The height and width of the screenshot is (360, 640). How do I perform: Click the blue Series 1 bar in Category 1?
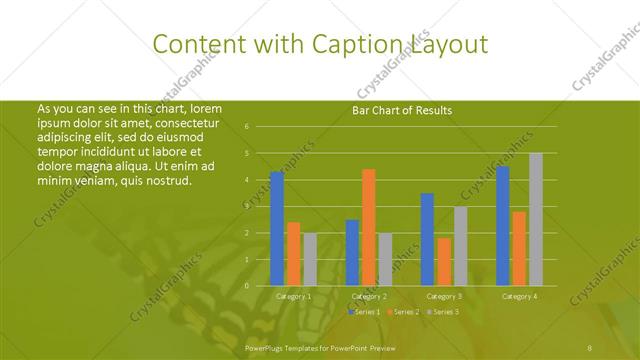click(277, 229)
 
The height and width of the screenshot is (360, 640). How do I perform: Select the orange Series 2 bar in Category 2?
click(368, 227)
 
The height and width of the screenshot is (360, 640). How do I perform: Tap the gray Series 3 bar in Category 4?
click(536, 219)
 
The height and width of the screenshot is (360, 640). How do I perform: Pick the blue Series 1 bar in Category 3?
click(427, 239)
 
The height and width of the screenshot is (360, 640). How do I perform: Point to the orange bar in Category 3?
click(444, 261)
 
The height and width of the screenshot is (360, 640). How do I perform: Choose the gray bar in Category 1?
click(309, 259)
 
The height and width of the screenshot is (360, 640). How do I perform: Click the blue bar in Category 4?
click(503, 226)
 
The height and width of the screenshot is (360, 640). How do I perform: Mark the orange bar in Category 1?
click(293, 254)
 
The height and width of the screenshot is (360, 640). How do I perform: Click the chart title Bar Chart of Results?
click(403, 110)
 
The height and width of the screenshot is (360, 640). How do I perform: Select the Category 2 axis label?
click(369, 297)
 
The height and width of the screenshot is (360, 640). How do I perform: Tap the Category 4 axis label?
click(519, 297)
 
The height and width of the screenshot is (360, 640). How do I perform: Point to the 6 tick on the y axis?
click(247, 127)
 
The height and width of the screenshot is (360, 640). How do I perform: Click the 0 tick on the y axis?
click(247, 286)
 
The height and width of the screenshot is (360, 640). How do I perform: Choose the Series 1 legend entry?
click(363, 313)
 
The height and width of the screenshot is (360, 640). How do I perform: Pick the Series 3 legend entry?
click(444, 313)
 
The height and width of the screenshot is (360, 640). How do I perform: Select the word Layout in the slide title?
click(447, 44)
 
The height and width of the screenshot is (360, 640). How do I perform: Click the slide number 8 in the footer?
click(590, 346)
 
